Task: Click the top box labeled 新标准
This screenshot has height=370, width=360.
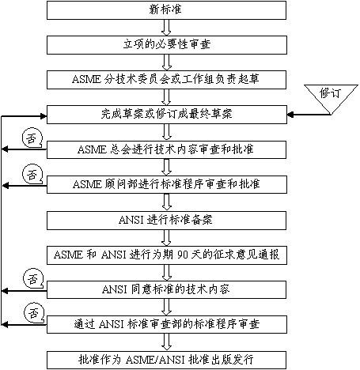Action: pyautogui.click(x=166, y=10)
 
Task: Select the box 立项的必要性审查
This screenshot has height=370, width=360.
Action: pyautogui.click(x=167, y=45)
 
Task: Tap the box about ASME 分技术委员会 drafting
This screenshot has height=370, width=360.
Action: pyautogui.click(x=166, y=80)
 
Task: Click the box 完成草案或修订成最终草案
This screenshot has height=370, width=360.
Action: pyautogui.click(x=167, y=115)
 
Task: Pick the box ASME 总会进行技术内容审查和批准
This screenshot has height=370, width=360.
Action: pyautogui.click(x=166, y=149)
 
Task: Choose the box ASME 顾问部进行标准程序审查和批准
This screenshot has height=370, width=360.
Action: pyautogui.click(x=167, y=184)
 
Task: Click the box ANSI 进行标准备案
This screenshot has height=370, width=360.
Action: pyautogui.click(x=166, y=221)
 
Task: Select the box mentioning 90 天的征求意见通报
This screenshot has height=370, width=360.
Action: pyautogui.click(x=167, y=255)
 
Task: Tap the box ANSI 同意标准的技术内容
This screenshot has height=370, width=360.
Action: pyautogui.click(x=166, y=289)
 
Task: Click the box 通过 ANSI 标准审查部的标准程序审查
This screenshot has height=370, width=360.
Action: pyautogui.click(x=167, y=324)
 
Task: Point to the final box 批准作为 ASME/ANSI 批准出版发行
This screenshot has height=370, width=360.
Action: pyautogui.click(x=166, y=360)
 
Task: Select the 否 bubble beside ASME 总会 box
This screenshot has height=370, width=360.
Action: pyautogui.click(x=32, y=138)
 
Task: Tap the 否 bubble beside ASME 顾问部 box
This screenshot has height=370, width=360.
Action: pyautogui.click(x=32, y=174)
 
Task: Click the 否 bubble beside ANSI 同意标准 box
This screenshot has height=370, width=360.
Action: pyautogui.click(x=33, y=278)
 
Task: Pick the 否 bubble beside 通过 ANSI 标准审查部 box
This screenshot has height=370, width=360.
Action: pyautogui.click(x=33, y=313)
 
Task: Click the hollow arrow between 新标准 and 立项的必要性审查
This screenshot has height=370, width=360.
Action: pyautogui.click(x=166, y=28)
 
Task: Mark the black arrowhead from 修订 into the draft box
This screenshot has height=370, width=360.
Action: pyautogui.click(x=290, y=115)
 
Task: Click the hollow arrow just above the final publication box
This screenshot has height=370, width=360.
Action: pyautogui.click(x=166, y=342)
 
